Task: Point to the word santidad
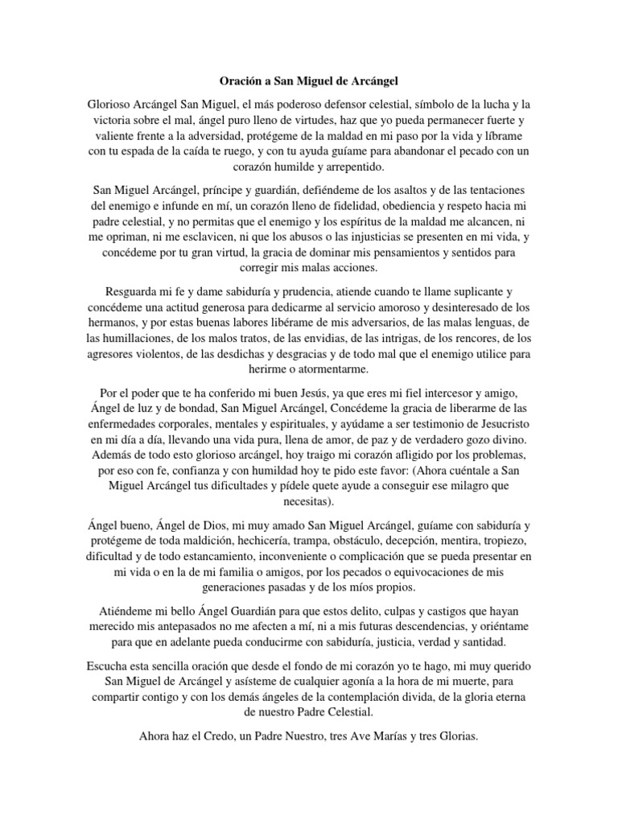(x=480, y=640)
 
